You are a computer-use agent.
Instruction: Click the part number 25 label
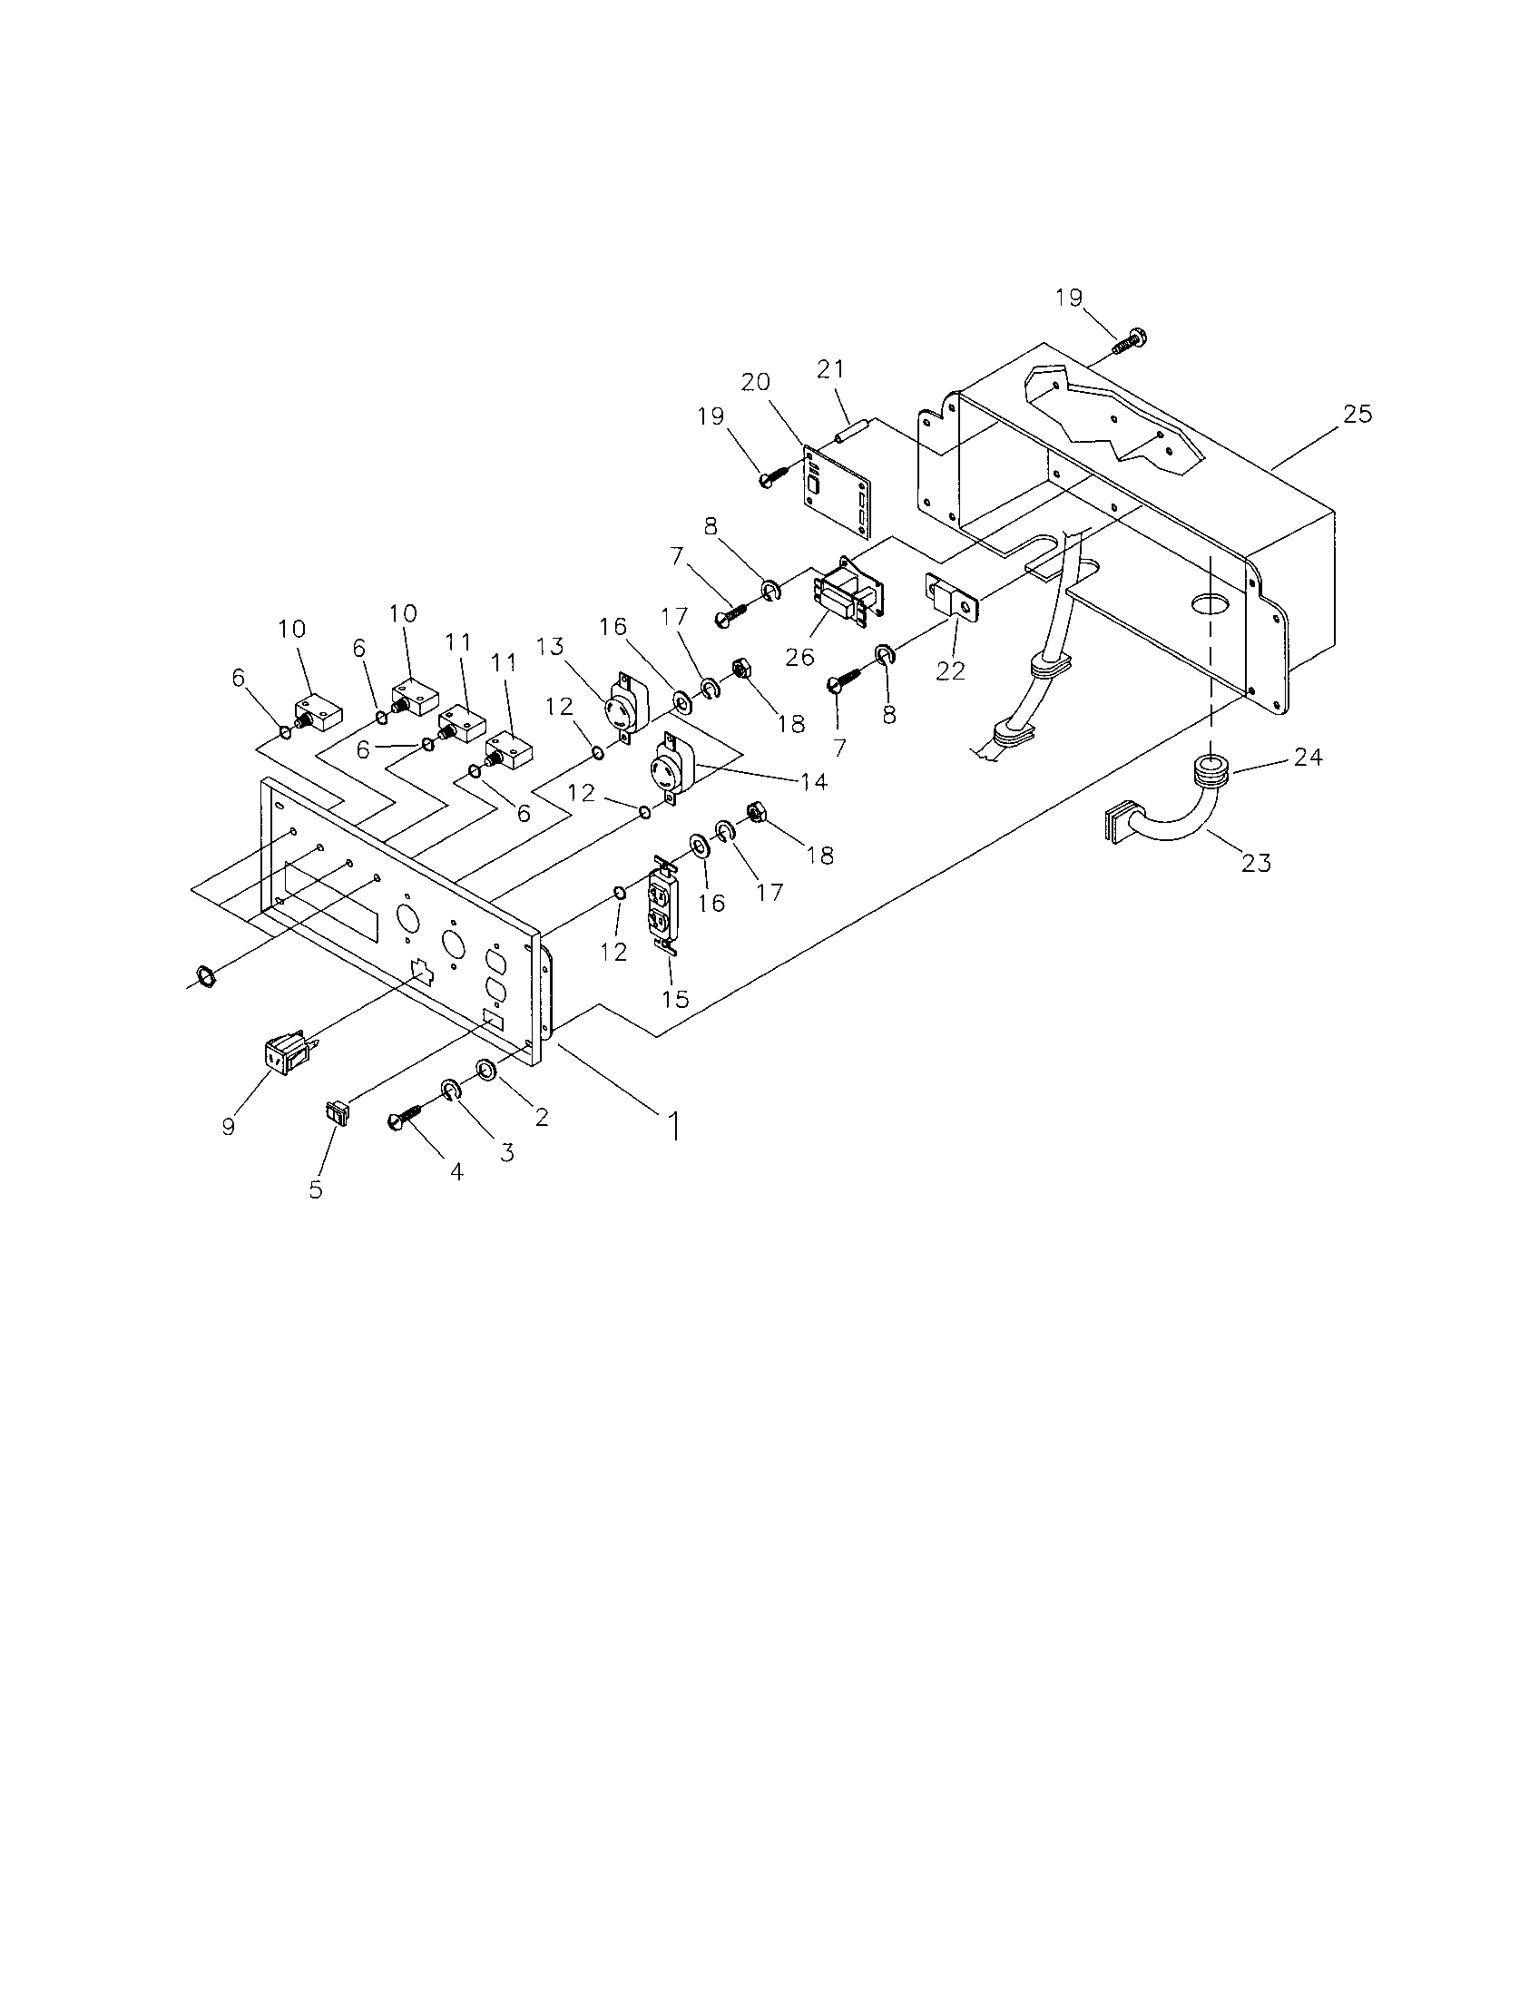coord(1358,414)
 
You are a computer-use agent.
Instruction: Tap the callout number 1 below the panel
coord(674,1126)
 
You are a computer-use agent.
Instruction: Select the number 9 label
coord(228,1126)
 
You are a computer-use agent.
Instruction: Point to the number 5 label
coord(316,1190)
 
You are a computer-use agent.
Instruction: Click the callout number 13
coord(550,646)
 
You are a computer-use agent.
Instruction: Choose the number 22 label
coord(950,670)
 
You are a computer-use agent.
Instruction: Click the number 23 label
coord(1257,861)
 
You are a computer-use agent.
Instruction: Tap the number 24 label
coord(1308,757)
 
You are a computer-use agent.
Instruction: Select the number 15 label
coord(675,998)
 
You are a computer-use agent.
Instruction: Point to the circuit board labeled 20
coord(837,491)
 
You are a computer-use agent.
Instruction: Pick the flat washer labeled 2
coord(485,1070)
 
